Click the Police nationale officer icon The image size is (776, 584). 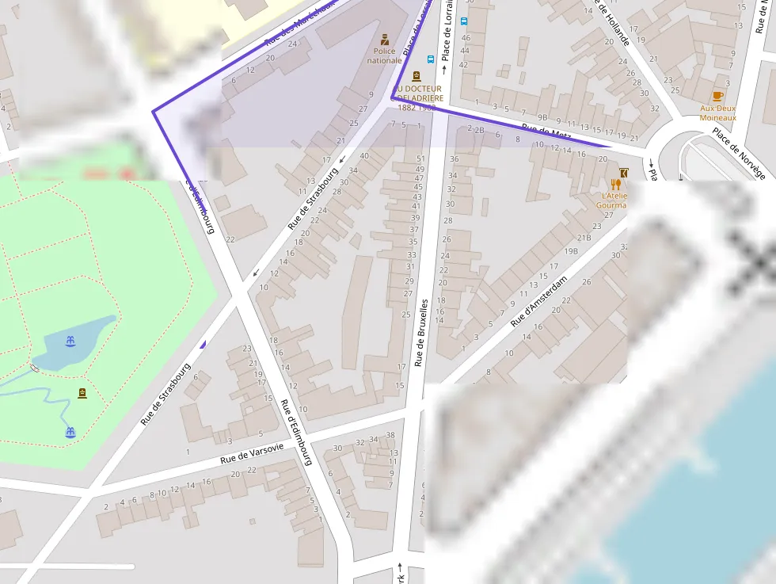click(385, 39)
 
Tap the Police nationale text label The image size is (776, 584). click(384, 55)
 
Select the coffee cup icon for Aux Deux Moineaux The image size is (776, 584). click(718, 96)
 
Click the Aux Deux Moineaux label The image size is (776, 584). click(718, 113)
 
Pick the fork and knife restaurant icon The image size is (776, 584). click(615, 185)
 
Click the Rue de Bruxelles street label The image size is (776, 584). click(421, 333)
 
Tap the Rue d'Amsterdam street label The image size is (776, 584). click(539, 302)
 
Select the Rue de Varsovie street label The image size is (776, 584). click(252, 453)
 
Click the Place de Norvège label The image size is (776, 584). click(738, 153)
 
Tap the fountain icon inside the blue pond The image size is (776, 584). click(70, 341)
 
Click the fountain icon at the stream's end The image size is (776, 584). click(70, 432)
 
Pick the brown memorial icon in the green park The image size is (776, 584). click(82, 394)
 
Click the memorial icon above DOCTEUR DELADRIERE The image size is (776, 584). click(417, 76)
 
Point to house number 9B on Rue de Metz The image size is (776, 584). click(542, 118)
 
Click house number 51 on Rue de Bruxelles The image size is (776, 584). click(420, 159)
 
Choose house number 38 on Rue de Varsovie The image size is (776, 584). click(390, 435)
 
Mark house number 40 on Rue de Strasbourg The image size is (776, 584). click(364, 155)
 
